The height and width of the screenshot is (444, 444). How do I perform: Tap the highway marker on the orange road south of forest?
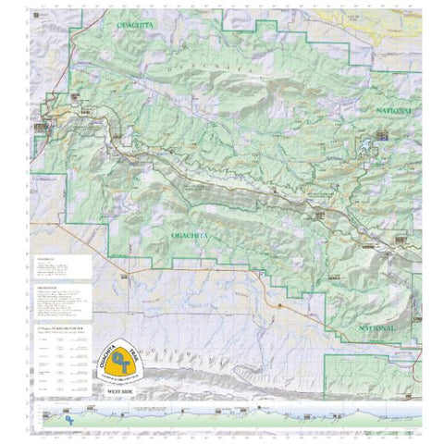coord(274,306)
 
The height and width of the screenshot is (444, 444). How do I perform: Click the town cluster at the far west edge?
coord(40,126)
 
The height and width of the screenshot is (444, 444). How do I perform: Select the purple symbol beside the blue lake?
coord(383,136)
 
